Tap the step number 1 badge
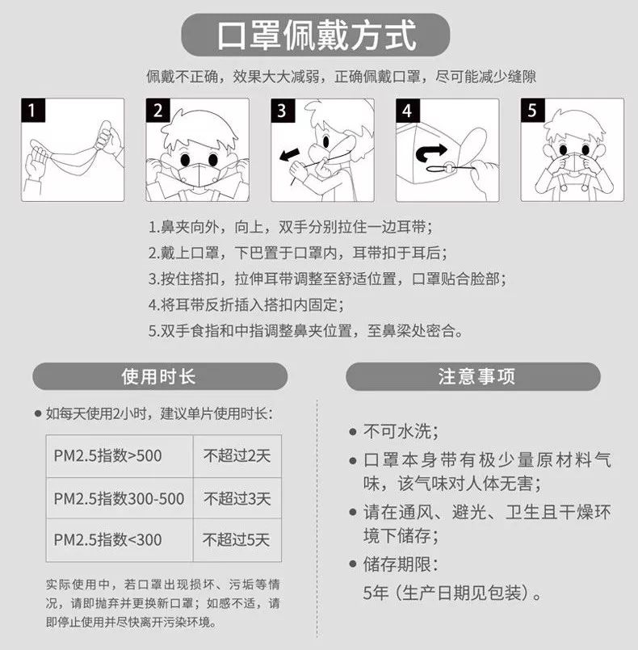tap(31, 110)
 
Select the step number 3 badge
tap(281, 110)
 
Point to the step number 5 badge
tap(531, 110)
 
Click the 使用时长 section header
tap(159, 377)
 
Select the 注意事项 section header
tap(476, 377)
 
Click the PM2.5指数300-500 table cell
tap(119, 499)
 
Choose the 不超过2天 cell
tap(236, 456)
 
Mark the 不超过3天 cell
tap(236, 499)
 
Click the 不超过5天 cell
tap(236, 540)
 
